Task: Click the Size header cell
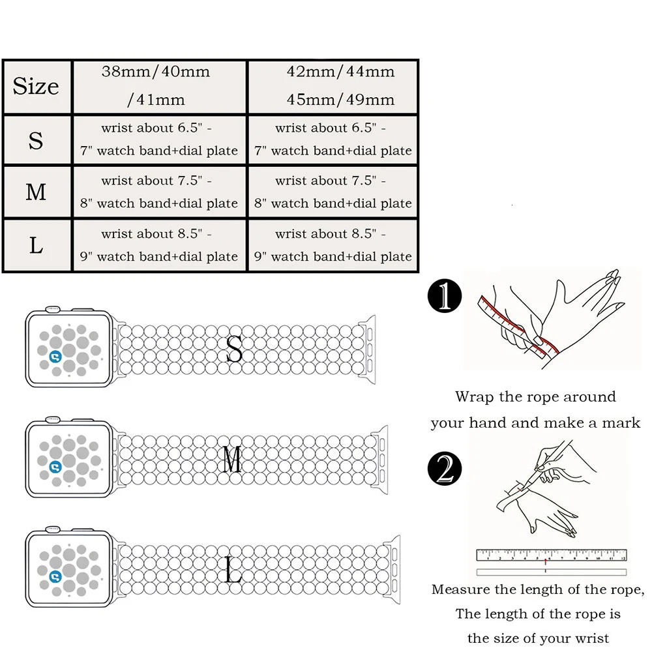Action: pyautogui.click(x=36, y=87)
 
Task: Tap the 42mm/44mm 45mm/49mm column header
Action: pyautogui.click(x=333, y=85)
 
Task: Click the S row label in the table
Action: pyautogui.click(x=36, y=140)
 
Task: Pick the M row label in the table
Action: pyautogui.click(x=36, y=192)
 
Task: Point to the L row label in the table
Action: pyautogui.click(x=36, y=246)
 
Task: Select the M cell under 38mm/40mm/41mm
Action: pyautogui.click(x=159, y=192)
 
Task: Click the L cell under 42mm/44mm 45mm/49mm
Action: pyautogui.click(x=333, y=246)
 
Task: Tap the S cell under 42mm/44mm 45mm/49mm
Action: pyautogui.click(x=333, y=140)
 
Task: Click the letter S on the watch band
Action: pyautogui.click(x=233, y=349)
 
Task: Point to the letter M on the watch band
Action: pyautogui.click(x=232, y=460)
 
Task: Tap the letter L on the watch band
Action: pyautogui.click(x=233, y=570)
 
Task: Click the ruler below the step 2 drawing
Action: pyautogui.click(x=551, y=556)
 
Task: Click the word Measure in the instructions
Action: pyautogui.click(x=460, y=590)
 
